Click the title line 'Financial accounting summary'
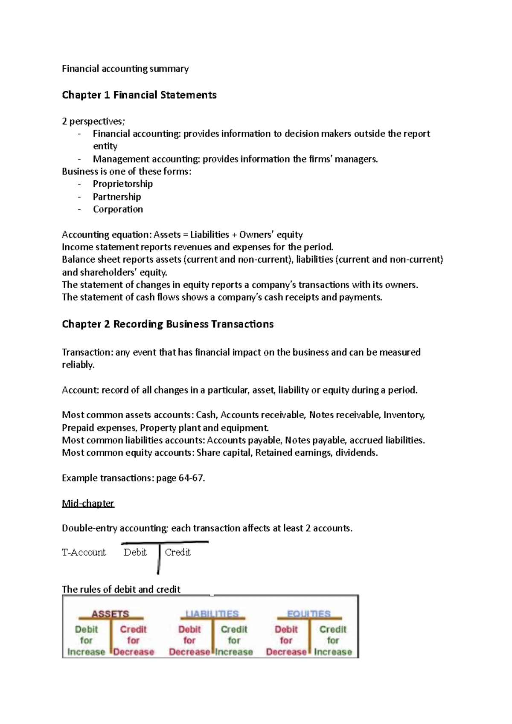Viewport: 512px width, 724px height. [x=125, y=69]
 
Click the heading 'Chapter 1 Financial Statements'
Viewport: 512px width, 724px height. [x=139, y=95]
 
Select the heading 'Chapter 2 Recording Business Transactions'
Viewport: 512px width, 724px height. [x=168, y=324]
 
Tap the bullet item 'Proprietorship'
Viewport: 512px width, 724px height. [x=122, y=184]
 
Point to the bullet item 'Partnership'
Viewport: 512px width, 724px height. [x=117, y=197]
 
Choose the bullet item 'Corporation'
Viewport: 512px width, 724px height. [x=118, y=209]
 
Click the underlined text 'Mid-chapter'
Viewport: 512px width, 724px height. [x=88, y=503]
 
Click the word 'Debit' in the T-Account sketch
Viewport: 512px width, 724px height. [x=135, y=552]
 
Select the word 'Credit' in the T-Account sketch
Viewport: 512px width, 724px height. [x=177, y=552]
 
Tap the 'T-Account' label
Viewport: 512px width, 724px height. [x=84, y=552]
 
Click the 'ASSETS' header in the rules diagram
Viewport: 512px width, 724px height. [x=110, y=614]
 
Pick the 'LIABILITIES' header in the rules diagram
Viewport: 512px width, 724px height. [x=212, y=614]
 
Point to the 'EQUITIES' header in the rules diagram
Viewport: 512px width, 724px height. [x=308, y=614]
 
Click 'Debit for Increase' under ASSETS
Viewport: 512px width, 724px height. [x=86, y=640]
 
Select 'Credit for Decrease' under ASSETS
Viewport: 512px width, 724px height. [x=133, y=640]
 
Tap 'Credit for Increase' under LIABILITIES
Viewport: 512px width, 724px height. [x=234, y=640]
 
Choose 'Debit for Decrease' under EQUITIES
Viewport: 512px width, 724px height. [x=286, y=640]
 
